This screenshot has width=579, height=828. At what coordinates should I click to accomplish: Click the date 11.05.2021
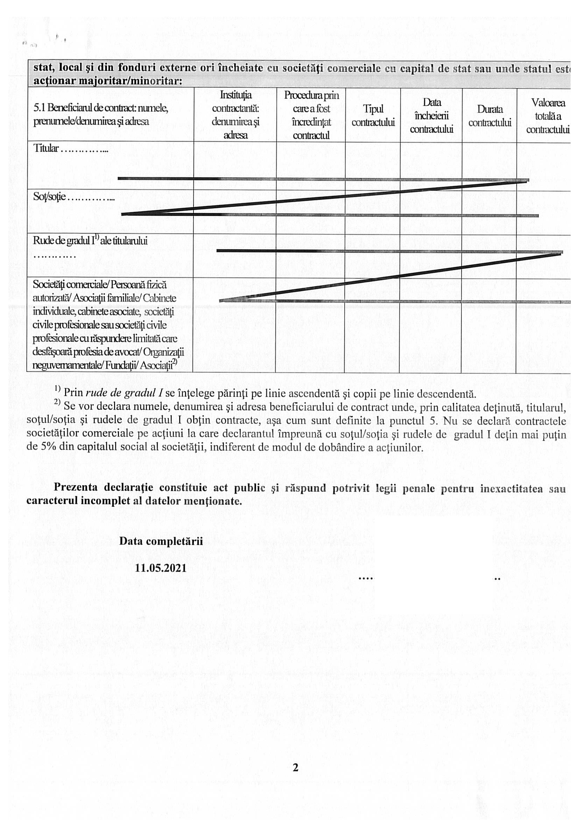point(161,568)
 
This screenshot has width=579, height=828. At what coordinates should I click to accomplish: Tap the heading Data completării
point(161,541)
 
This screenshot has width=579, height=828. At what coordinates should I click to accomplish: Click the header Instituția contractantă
point(235,115)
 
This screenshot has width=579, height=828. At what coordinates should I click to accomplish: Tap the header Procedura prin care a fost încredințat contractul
point(311,115)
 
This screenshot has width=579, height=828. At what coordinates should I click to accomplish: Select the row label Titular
point(46,148)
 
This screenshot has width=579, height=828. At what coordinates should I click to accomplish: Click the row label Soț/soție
point(49,197)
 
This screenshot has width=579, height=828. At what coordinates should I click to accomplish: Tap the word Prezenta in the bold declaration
point(76,487)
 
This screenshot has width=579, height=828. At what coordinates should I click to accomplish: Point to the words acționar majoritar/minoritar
point(107,81)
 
